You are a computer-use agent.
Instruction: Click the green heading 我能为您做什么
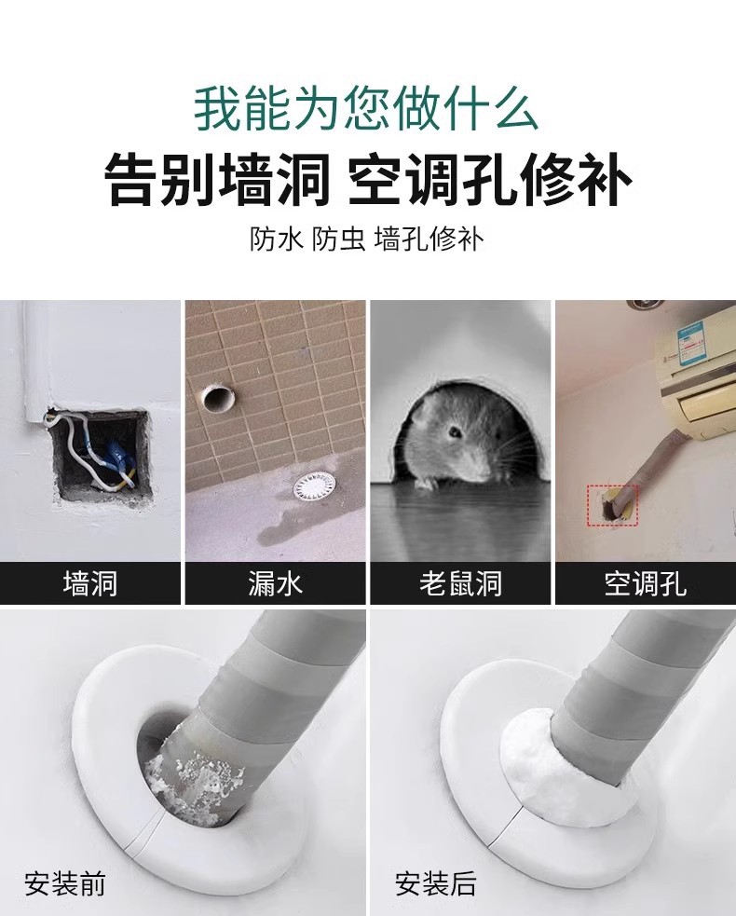(x=365, y=108)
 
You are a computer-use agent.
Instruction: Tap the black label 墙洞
(x=90, y=583)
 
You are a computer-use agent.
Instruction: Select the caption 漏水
(x=275, y=583)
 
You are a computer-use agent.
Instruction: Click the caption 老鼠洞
(x=460, y=583)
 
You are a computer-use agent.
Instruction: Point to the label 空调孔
(x=645, y=583)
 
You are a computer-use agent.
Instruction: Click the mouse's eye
(x=455, y=431)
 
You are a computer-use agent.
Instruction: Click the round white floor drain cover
(x=315, y=487)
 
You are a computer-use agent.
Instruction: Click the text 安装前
(x=65, y=883)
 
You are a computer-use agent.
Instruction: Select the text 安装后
(x=436, y=883)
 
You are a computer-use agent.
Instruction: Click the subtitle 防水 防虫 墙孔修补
(x=367, y=239)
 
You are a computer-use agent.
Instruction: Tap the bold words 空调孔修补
(x=489, y=178)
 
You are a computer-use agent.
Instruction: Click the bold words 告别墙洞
(x=217, y=178)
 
